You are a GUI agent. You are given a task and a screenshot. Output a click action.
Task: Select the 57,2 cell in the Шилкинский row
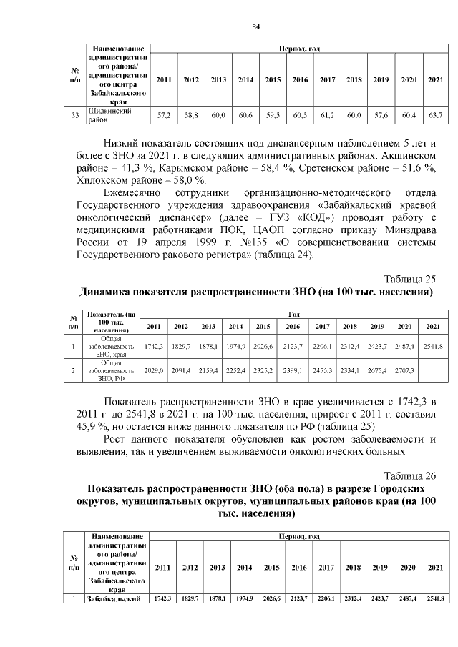coord(163,115)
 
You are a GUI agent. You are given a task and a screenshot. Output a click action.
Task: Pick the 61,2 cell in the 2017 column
coord(327,115)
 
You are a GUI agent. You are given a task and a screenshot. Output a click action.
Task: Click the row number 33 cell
coord(75,115)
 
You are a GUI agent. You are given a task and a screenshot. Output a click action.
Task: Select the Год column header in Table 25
coord(293,314)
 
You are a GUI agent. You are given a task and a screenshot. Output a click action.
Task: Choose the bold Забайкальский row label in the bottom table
coord(116,598)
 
